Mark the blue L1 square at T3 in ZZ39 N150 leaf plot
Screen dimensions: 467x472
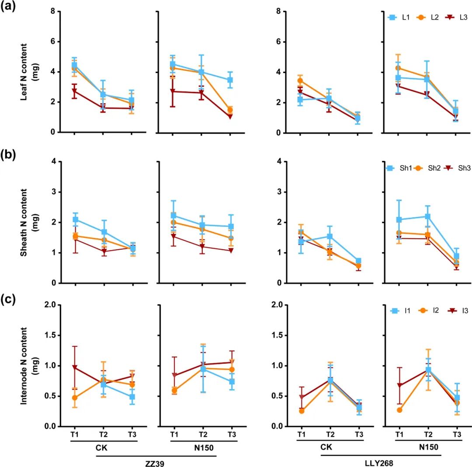230,80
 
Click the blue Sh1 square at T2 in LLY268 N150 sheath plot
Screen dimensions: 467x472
427,216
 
